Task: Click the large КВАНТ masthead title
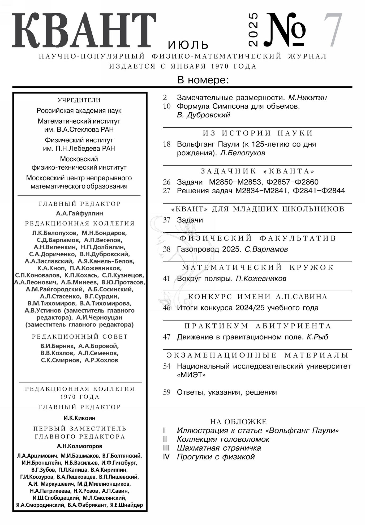[x=84, y=31]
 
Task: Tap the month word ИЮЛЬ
[x=188, y=45]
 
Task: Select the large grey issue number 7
[x=333, y=30]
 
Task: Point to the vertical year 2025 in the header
[x=253, y=29]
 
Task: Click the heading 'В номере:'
[x=203, y=80]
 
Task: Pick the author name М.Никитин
[x=307, y=97]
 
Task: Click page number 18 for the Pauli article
[x=167, y=144]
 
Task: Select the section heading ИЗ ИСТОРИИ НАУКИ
[x=258, y=133]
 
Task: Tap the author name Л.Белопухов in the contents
[x=242, y=153]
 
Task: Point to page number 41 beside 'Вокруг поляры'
[x=166, y=279]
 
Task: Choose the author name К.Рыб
[x=317, y=337]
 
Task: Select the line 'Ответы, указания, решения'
[x=227, y=392]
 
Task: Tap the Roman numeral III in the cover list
[x=166, y=448]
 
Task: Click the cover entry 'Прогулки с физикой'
[x=216, y=457]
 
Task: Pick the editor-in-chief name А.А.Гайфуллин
[x=79, y=213]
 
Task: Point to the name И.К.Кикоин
[x=79, y=418]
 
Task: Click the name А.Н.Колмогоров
[x=79, y=446]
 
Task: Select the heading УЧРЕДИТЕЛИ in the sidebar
[x=79, y=100]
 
